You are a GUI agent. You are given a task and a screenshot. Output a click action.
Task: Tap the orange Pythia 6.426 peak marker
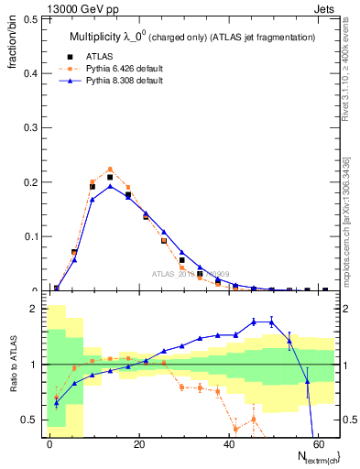click(110, 169)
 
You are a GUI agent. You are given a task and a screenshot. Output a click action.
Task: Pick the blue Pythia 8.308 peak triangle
click(110, 186)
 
